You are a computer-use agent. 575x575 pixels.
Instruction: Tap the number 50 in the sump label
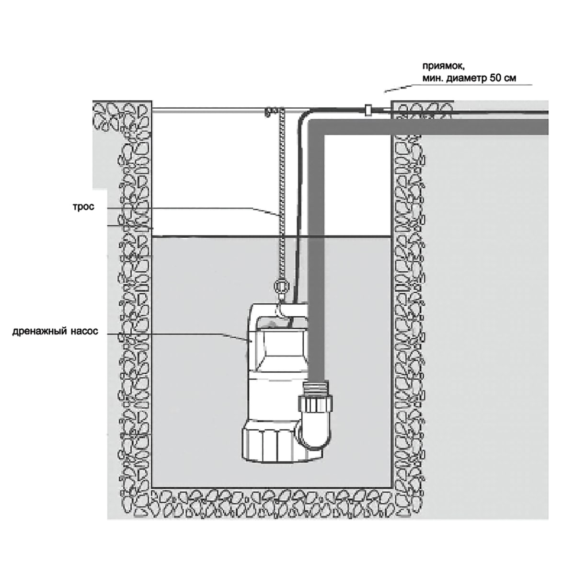coord(495,79)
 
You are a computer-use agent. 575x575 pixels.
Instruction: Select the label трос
coord(83,207)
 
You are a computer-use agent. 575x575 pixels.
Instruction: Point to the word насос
coord(84,332)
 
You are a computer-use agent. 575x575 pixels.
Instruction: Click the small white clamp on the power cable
coord(368,110)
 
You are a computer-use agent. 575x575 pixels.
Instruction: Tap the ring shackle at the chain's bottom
coord(281,287)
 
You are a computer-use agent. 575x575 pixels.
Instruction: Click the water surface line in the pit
coord(272,237)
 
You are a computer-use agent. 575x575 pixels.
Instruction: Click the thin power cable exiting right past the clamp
coord(460,112)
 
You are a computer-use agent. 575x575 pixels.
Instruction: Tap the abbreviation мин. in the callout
coord(432,79)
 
